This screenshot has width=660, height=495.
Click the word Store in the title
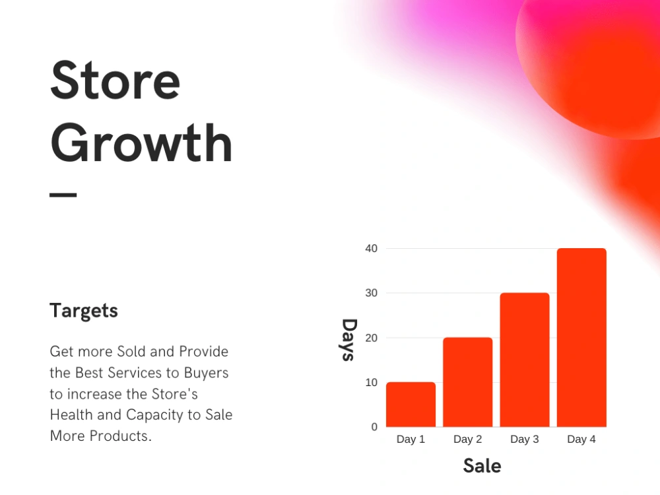coord(115,81)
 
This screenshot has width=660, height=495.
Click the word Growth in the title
coord(141,143)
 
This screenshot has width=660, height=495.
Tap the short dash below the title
coord(63,195)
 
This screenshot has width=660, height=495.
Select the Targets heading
coord(84,310)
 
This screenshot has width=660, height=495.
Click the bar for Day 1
coord(411,404)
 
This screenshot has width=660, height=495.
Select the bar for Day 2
coord(467,381)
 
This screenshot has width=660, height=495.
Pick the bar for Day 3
coord(525,360)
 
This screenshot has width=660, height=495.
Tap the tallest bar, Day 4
coord(581,337)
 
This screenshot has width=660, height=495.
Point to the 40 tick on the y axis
coord(371,248)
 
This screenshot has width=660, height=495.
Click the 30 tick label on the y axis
coord(371,293)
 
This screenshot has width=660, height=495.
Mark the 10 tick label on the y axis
coord(371,382)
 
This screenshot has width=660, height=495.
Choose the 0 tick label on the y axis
coord(374,427)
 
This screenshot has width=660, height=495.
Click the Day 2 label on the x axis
coord(467,440)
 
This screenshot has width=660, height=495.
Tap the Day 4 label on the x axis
coord(581,440)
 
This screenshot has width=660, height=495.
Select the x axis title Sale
coord(482,465)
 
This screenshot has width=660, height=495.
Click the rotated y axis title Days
coord(348,340)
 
